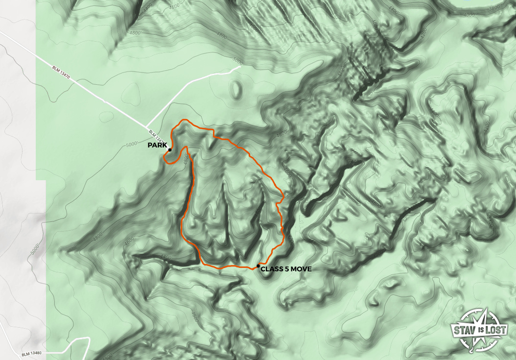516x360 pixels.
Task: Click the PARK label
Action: coord(157,145)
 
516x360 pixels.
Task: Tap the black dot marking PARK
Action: coord(169,150)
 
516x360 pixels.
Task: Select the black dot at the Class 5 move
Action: coord(258,265)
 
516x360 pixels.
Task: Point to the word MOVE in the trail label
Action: coord(302,269)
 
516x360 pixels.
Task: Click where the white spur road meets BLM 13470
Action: coord(147,127)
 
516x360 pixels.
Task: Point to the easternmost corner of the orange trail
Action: coord(284,197)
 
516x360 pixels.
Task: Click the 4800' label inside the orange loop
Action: coord(186,160)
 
